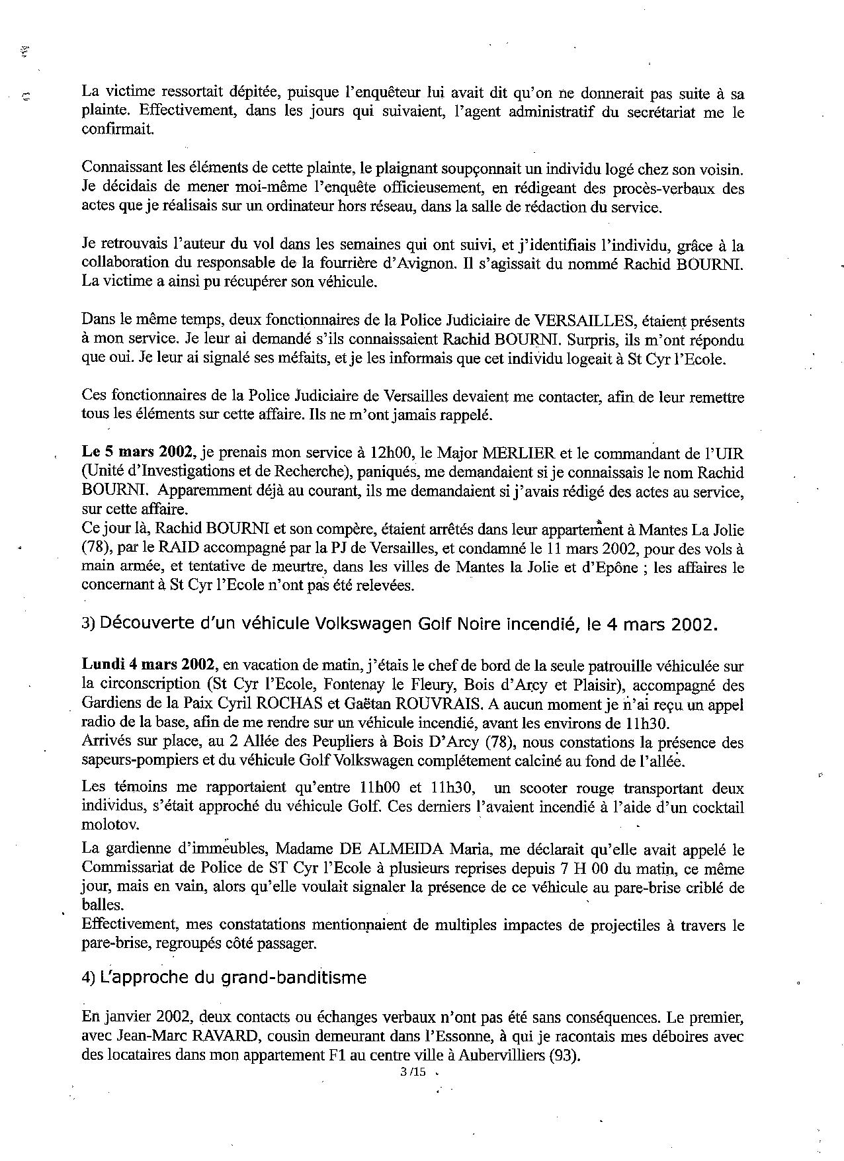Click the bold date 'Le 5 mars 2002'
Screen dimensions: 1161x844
point(138,454)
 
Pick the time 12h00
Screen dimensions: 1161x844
point(386,454)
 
